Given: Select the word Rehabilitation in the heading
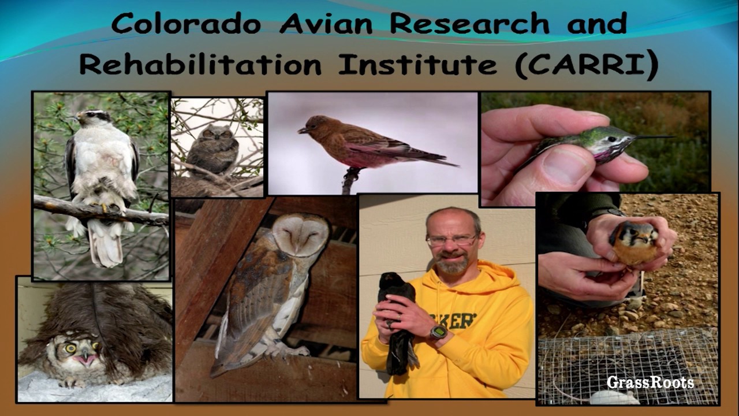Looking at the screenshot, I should (x=200, y=65).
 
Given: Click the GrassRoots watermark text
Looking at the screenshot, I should (x=650, y=382).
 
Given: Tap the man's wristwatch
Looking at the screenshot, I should (x=438, y=332).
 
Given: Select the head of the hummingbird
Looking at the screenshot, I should (x=615, y=140).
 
